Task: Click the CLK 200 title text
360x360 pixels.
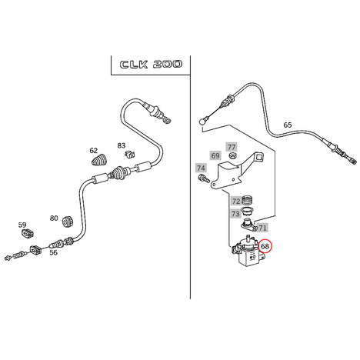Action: [x=151, y=65]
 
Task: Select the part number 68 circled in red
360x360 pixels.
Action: [x=265, y=246]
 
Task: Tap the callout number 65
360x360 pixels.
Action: [x=288, y=125]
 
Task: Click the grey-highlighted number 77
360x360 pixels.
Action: [x=232, y=147]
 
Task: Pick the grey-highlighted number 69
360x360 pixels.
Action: [x=215, y=155]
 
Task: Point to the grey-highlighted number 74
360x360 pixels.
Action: [x=201, y=168]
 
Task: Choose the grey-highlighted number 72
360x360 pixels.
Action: [x=236, y=202]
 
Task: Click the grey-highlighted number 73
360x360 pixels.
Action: [x=235, y=214]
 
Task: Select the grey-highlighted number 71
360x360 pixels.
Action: [x=262, y=228]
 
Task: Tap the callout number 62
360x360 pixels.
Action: [x=94, y=151]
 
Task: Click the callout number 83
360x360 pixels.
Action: [x=122, y=145]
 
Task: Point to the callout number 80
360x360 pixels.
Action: [x=54, y=218]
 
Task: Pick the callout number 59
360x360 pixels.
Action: [x=22, y=225]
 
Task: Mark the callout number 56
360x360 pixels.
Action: [x=53, y=252]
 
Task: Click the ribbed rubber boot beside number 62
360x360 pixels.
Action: [x=99, y=159]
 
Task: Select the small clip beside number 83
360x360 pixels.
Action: [x=130, y=155]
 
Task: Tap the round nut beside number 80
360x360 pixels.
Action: [x=68, y=222]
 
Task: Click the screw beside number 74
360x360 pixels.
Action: [x=204, y=178]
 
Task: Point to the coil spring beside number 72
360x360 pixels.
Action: [x=248, y=200]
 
